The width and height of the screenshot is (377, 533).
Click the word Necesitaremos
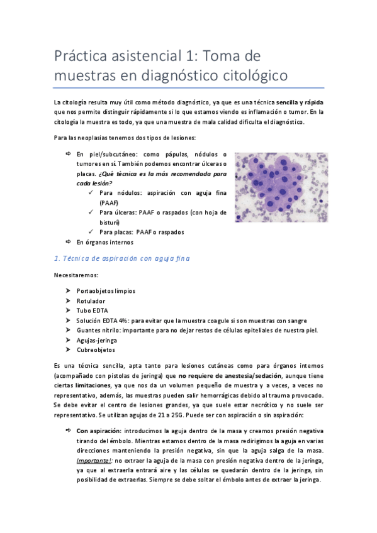[x=76, y=275]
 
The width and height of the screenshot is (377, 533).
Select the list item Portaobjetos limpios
[x=105, y=292]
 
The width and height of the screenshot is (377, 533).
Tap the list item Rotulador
[x=92, y=301]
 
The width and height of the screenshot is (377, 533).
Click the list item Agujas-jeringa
[x=96, y=340]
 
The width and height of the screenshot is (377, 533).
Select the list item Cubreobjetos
[x=96, y=349]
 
